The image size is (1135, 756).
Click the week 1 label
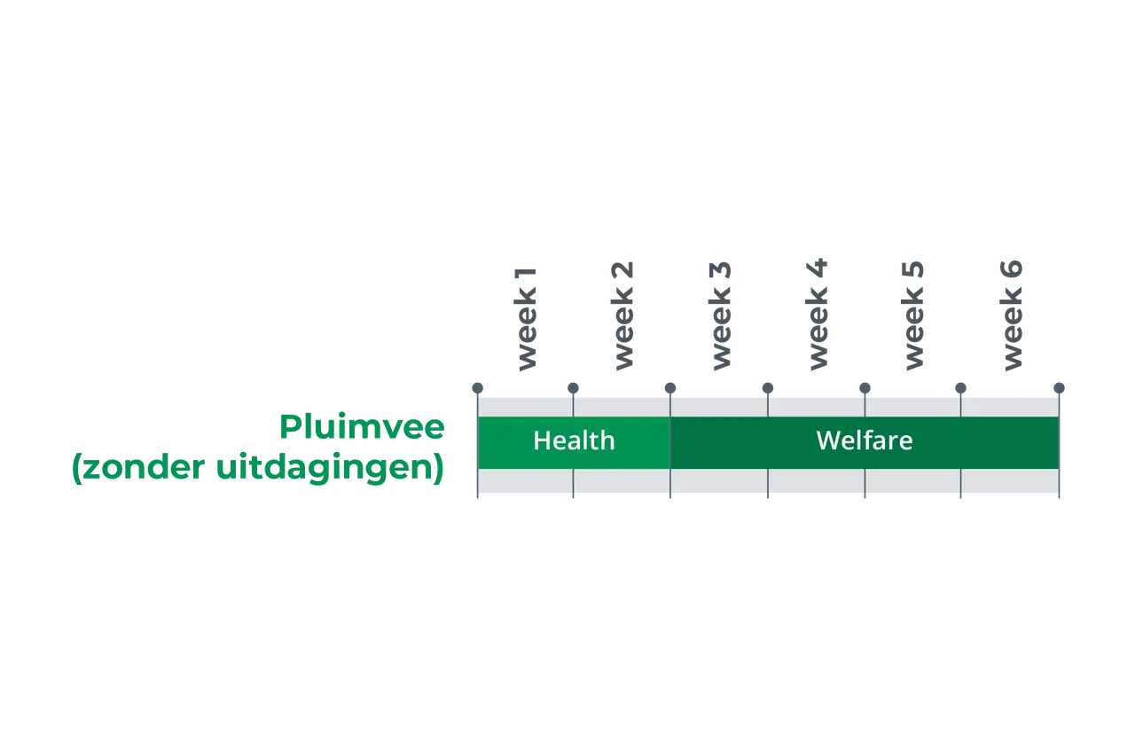[525, 320]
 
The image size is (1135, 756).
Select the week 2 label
[622, 316]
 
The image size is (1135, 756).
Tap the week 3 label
[719, 316]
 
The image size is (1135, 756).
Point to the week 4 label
[817, 315]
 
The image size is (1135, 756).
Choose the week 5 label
[913, 316]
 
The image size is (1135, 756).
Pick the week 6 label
[1012, 316]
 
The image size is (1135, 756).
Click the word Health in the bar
[574, 440]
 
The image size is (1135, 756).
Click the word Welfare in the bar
[865, 440]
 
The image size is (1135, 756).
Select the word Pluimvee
[362, 427]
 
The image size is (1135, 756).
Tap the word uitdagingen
[330, 468]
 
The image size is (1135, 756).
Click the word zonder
[144, 467]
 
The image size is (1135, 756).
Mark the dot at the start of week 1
[477, 388]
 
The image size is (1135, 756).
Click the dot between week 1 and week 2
[573, 388]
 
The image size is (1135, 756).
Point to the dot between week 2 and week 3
[670, 388]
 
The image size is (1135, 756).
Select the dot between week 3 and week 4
[768, 388]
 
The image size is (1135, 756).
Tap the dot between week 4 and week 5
[865, 388]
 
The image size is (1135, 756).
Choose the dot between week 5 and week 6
[960, 388]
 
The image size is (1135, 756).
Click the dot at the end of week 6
[1059, 388]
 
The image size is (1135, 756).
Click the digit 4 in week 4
[817, 269]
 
